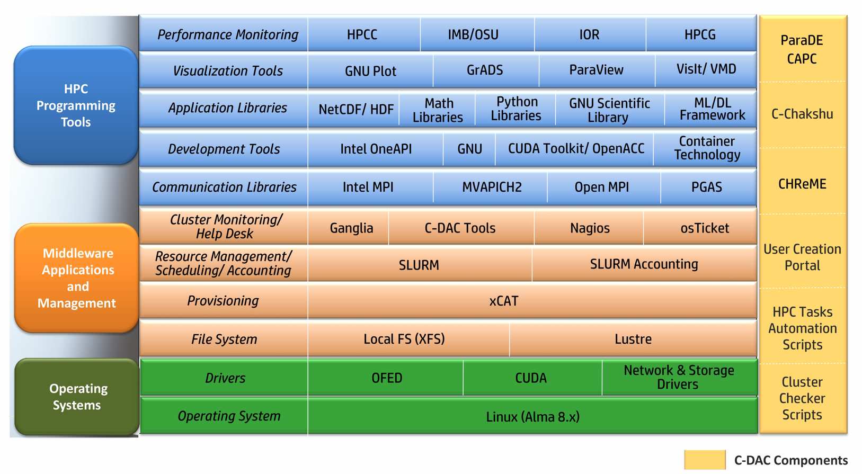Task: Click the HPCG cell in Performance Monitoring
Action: [700, 34]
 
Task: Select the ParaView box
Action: [596, 70]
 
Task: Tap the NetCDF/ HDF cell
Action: [356, 109]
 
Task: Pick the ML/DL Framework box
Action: [712, 109]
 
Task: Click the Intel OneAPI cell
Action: [376, 149]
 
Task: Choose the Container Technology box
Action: [706, 148]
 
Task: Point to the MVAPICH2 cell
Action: [491, 187]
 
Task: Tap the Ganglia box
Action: [351, 228]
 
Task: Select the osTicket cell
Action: [704, 228]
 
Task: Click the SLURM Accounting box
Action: [644, 264]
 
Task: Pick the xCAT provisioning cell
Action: [503, 301]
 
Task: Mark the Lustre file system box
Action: [633, 339]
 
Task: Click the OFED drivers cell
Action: [386, 378]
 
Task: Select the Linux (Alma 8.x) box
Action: [532, 417]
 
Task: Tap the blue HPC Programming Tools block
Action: [76, 105]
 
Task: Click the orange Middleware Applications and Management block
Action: [77, 278]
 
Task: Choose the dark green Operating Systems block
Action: [77, 397]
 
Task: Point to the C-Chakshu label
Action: [802, 114]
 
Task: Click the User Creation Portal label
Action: [802, 257]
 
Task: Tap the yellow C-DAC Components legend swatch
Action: [704, 460]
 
